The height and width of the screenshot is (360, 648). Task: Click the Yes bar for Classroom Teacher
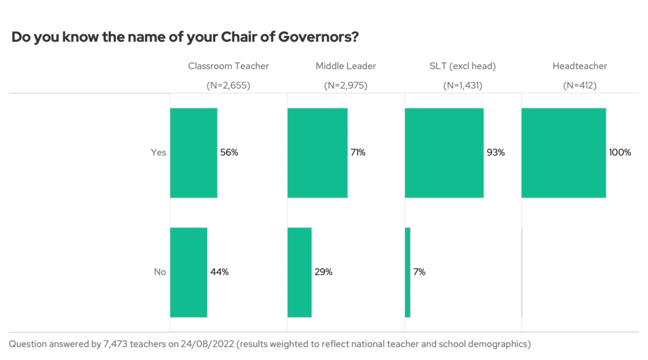pyautogui.click(x=194, y=152)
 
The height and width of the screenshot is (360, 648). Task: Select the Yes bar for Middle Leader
pyautogui.click(x=317, y=152)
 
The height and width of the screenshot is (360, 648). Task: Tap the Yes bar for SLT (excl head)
pyautogui.click(x=444, y=152)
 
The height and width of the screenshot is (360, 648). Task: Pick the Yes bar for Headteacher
pyautogui.click(x=563, y=152)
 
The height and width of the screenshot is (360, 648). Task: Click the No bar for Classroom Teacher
pyautogui.click(x=189, y=272)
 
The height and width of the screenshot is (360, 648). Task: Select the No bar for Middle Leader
pyautogui.click(x=299, y=272)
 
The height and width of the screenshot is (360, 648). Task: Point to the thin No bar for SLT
pyautogui.click(x=408, y=272)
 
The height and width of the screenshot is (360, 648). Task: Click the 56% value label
pyautogui.click(x=229, y=152)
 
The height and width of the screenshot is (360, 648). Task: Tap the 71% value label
pyautogui.click(x=358, y=152)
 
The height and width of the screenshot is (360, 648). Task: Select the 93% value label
pyautogui.click(x=495, y=152)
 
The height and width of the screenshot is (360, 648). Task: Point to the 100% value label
pyautogui.click(x=620, y=152)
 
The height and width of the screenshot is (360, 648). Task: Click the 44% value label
pyautogui.click(x=219, y=272)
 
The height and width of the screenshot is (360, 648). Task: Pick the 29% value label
pyautogui.click(x=323, y=272)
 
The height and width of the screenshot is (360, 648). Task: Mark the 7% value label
pyautogui.click(x=419, y=272)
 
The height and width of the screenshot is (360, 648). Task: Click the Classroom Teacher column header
pyautogui.click(x=228, y=66)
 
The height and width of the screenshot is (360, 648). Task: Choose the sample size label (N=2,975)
pyautogui.click(x=346, y=85)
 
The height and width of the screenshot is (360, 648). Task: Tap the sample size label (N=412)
pyautogui.click(x=580, y=85)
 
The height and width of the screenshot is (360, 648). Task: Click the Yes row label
pyautogui.click(x=158, y=152)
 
